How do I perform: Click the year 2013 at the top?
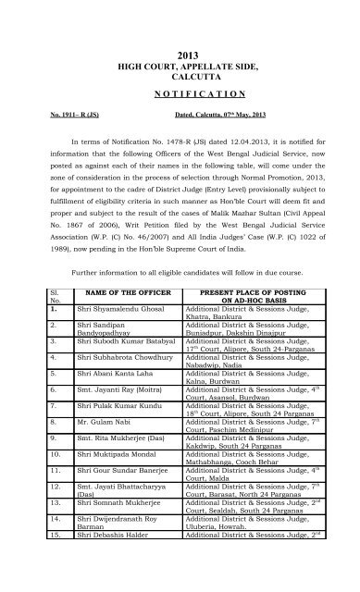[x=180, y=31]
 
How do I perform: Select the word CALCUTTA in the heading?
[x=180, y=65]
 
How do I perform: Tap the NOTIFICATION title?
[x=180, y=94]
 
